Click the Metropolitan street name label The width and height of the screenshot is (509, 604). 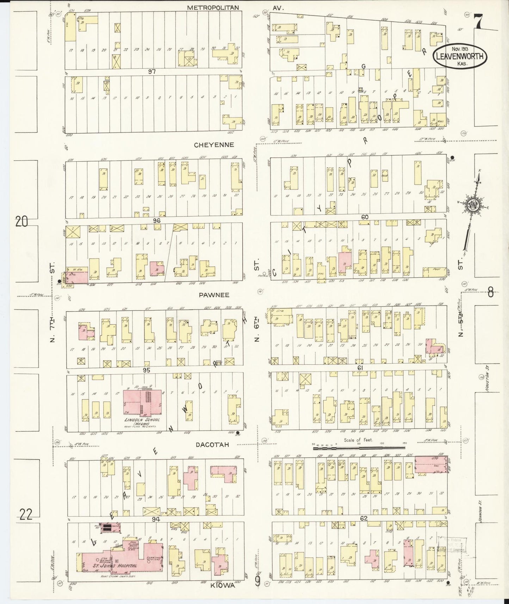pyautogui.click(x=213, y=7)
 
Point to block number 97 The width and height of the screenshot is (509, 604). pyautogui.click(x=152, y=72)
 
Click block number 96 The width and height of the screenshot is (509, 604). pyautogui.click(x=157, y=221)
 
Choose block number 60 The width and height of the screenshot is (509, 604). pyautogui.click(x=365, y=217)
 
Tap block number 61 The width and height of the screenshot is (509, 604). pyautogui.click(x=360, y=368)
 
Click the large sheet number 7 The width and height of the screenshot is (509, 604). pyautogui.click(x=478, y=21)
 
